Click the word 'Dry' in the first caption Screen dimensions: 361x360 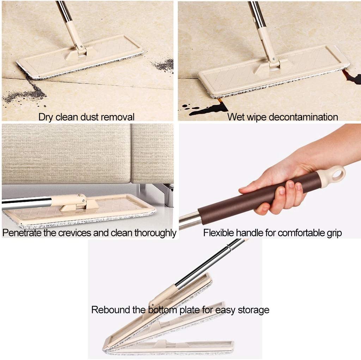click(45, 117)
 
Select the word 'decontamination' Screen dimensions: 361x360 click(303, 117)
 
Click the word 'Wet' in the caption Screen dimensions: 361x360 click(236, 117)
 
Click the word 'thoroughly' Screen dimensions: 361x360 click(155, 233)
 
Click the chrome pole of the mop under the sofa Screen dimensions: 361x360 click(26, 202)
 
